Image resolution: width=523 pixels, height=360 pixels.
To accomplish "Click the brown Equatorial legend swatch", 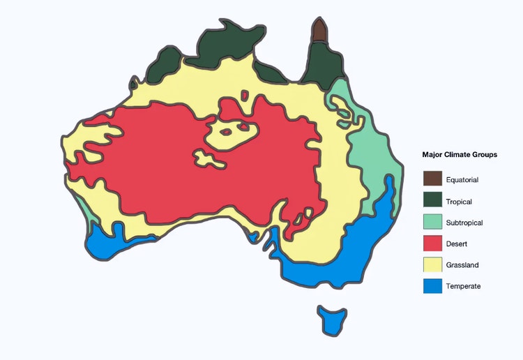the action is tap(432, 179).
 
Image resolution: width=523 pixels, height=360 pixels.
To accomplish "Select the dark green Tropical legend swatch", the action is tap(432, 201).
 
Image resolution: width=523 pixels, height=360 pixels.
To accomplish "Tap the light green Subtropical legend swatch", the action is tap(432, 223).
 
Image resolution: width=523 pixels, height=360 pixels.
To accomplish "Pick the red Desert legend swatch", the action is tap(432, 243).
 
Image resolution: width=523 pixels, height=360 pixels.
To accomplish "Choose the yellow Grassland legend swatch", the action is tap(432, 265).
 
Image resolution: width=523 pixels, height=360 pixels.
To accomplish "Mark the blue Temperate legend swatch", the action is tap(432, 286).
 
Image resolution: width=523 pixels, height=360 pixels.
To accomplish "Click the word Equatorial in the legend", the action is tap(462, 180).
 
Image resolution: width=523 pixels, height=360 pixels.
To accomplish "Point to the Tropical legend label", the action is tap(459, 202).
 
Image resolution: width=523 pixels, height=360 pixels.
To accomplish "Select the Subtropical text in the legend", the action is tap(464, 223).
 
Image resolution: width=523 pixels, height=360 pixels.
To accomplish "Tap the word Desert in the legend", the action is tap(457, 244).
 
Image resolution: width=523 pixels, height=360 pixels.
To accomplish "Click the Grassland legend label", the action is tap(462, 265).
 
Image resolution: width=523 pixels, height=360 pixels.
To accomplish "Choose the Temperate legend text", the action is tap(463, 286).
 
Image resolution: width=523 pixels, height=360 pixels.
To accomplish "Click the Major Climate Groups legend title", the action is tap(460, 155).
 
